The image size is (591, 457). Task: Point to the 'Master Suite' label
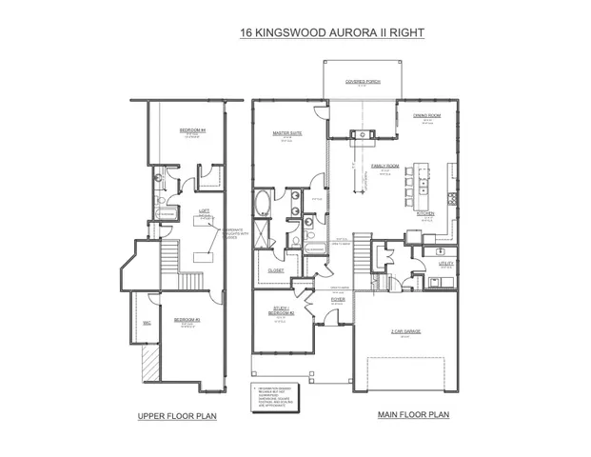point(287,134)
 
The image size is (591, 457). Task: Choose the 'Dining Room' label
point(427,115)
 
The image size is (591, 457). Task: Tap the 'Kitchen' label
point(425,214)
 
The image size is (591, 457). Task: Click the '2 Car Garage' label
point(405,331)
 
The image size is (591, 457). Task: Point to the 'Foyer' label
point(337,300)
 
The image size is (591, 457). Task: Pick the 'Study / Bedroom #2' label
point(281,310)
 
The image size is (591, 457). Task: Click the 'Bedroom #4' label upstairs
point(192,129)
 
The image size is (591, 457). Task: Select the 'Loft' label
point(204,210)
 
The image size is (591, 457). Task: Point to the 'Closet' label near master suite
point(275,270)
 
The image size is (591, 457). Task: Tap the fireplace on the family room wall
point(362,134)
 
